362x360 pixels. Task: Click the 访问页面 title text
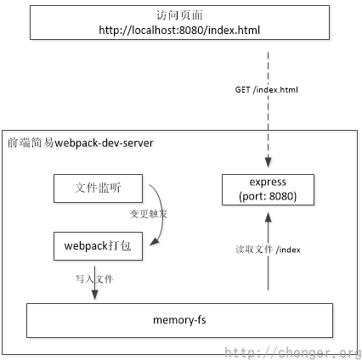180,14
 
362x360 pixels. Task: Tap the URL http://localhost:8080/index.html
180,30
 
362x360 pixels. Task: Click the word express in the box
267,182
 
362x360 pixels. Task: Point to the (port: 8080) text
267,195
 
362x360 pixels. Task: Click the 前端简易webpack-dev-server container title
81,143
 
